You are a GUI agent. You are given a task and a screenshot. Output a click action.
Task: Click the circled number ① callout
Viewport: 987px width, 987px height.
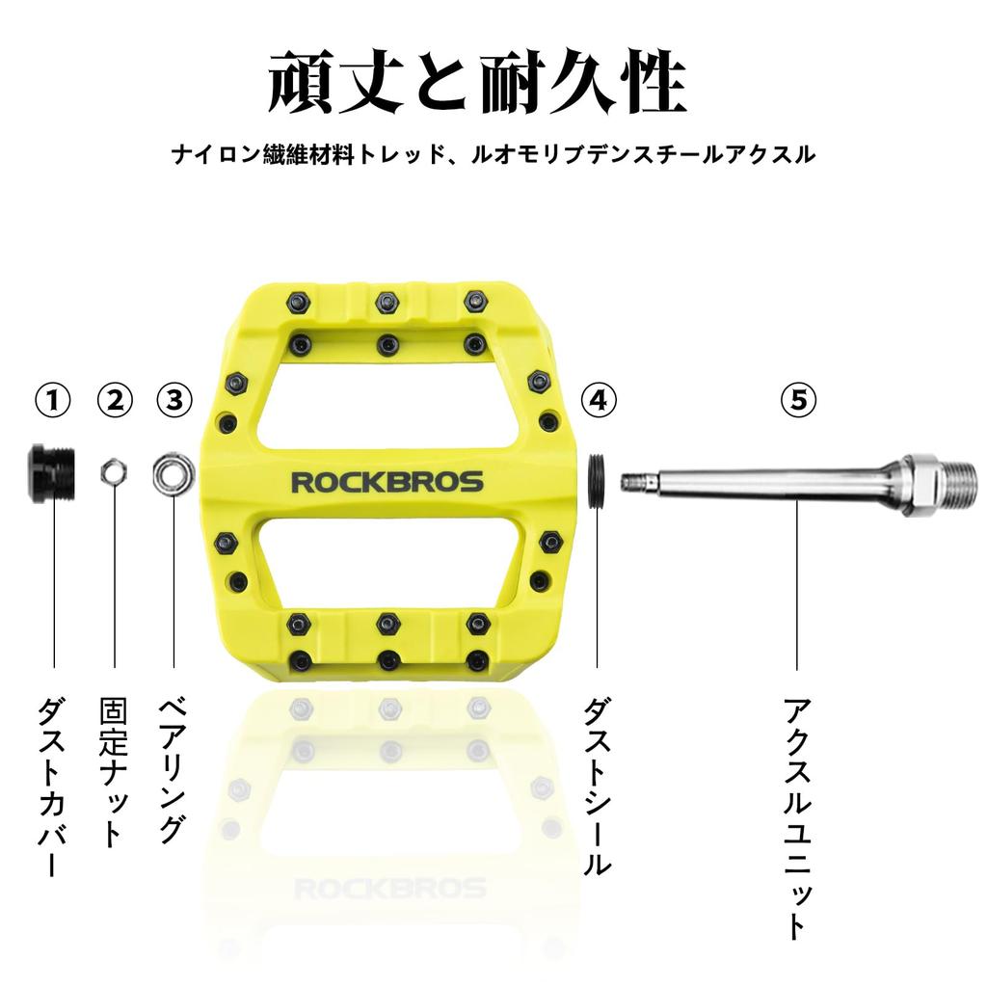tap(53, 400)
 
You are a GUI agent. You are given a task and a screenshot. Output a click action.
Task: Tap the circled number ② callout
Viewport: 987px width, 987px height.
tap(116, 400)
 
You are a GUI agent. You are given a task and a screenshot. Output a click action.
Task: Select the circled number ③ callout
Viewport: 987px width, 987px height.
tap(174, 400)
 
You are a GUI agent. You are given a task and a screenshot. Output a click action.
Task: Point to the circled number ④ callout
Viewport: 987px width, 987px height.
tap(599, 400)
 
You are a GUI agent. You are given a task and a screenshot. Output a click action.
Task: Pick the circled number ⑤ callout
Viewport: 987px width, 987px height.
tap(798, 400)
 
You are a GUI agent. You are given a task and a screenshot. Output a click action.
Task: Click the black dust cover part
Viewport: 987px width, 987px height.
tap(52, 472)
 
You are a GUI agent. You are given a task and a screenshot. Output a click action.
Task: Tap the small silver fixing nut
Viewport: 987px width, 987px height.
tap(115, 471)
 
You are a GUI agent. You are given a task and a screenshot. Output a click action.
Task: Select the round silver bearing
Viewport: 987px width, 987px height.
tap(173, 474)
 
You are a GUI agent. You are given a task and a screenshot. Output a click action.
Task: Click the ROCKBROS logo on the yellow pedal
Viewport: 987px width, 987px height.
tap(387, 482)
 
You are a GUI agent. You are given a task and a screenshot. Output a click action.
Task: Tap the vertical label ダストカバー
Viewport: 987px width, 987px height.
tap(53, 786)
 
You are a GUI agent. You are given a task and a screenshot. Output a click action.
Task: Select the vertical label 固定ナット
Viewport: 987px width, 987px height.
tap(115, 771)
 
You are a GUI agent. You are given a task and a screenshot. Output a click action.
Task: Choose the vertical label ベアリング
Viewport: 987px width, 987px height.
tap(173, 770)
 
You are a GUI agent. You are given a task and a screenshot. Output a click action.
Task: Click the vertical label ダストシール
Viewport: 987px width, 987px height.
tap(598, 786)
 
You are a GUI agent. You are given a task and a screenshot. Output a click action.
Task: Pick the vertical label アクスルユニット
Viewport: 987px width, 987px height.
tap(797, 817)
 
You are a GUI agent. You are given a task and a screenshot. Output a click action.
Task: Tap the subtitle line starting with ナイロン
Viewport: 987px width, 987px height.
tap(493, 154)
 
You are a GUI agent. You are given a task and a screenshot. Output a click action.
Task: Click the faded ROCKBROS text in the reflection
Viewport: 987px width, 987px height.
tap(390, 889)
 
